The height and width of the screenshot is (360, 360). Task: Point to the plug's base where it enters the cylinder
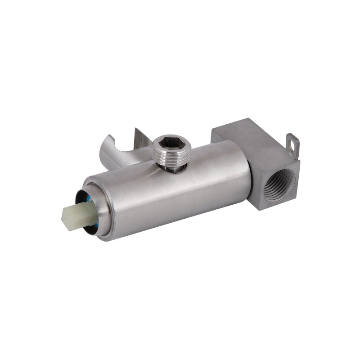point(174,169)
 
